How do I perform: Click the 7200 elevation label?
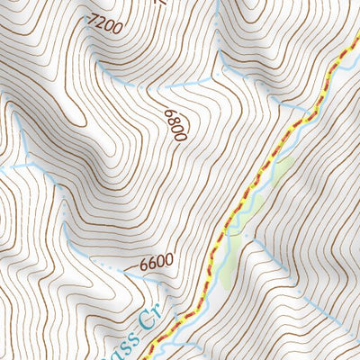pos(104,26)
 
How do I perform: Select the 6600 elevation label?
pos(156,264)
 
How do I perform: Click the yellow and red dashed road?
pos(270,162)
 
